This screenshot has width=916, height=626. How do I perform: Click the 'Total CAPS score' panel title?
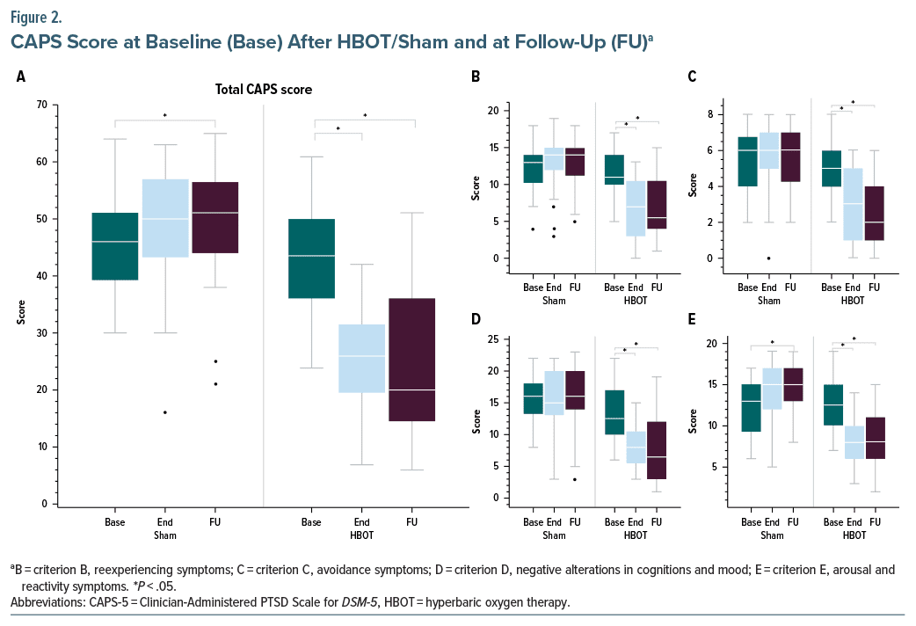tap(264, 89)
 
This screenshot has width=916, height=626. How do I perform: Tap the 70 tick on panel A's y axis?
tap(42, 105)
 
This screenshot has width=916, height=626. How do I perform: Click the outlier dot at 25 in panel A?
tap(214, 361)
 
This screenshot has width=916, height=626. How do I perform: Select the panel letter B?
tap(476, 76)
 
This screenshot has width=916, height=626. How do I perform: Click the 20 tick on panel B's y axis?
tap(494, 111)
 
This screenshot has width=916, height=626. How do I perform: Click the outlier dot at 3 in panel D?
tap(575, 479)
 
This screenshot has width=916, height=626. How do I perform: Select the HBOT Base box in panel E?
tap(832, 405)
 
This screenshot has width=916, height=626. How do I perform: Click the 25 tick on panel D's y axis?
tap(494, 339)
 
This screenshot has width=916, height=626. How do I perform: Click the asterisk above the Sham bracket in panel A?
tap(165, 115)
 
